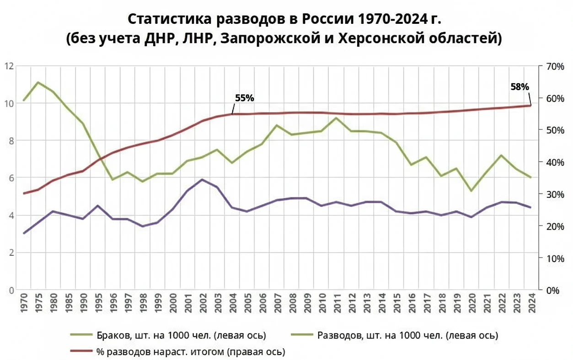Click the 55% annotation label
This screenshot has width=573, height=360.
244,98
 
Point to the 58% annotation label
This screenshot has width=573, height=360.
519,86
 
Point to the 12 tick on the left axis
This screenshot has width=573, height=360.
8,66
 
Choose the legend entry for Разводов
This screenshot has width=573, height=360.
407,336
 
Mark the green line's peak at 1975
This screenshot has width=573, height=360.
38,82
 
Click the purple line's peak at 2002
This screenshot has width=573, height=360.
202,179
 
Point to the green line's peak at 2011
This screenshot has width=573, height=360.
337,118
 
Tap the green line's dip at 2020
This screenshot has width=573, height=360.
471,191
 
